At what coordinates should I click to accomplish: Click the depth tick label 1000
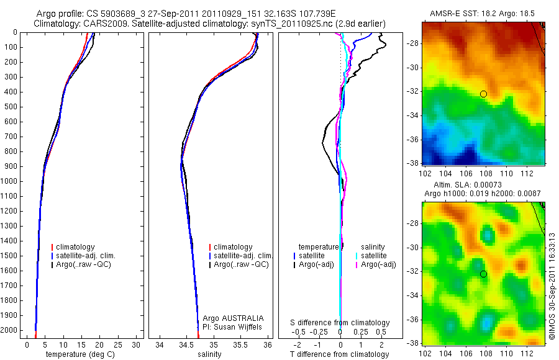11,181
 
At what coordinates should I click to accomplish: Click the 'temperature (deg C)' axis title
81,354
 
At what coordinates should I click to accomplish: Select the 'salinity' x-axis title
208,354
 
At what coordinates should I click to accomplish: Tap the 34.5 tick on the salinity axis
186,344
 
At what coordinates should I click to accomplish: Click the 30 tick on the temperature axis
136,344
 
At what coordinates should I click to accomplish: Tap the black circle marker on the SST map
483,94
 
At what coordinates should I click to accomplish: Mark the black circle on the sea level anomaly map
483,274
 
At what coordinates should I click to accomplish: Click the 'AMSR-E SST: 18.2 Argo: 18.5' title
483,13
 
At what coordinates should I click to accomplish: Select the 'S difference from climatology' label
340,323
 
